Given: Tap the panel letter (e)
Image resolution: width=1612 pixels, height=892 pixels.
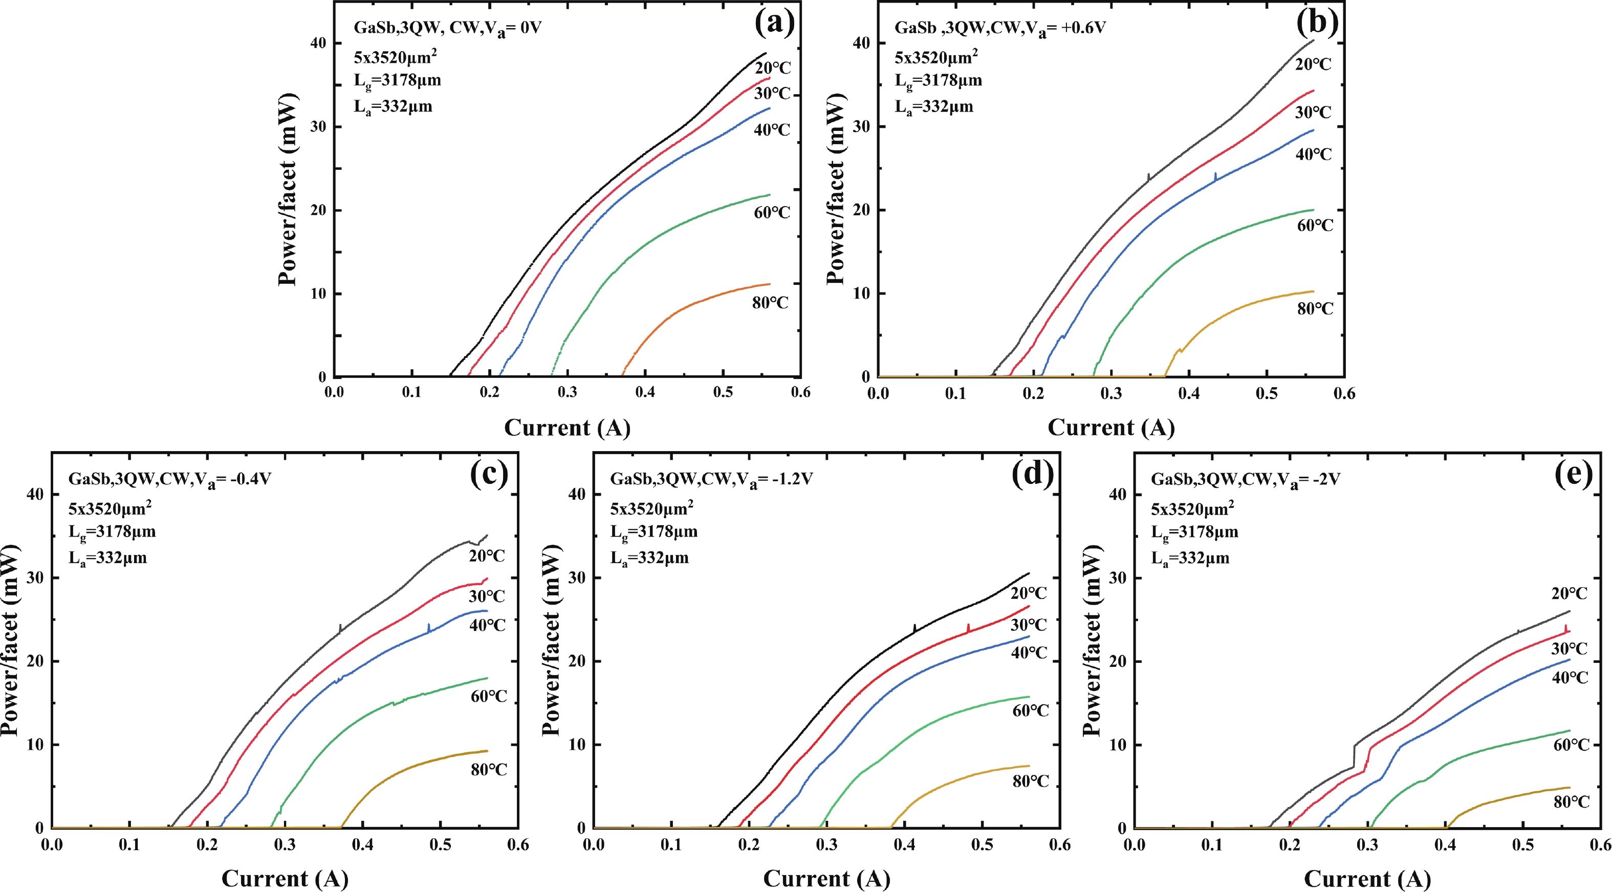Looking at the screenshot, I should click(1573, 475).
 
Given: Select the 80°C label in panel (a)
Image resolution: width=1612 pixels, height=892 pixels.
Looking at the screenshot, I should click(770, 303).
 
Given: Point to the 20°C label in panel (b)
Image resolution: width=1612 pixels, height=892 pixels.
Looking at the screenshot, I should click(1313, 64).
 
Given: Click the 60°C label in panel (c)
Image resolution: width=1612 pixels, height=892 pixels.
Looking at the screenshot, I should click(489, 696).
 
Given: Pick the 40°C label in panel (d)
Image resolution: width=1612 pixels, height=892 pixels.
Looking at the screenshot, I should click(1029, 653).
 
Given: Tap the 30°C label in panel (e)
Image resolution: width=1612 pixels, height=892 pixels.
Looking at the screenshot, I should click(1570, 649).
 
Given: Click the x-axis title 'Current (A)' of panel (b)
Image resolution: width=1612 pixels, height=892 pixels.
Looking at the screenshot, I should click(1111, 428).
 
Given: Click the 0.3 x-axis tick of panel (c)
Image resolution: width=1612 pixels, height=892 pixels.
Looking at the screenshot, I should click(285, 845).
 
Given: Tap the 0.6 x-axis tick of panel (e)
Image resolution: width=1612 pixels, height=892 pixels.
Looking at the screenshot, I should click(1600, 845).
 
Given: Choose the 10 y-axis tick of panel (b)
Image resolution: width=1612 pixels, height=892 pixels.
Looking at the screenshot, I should click(862, 294).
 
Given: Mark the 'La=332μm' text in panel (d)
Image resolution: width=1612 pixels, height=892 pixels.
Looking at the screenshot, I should click(649, 558).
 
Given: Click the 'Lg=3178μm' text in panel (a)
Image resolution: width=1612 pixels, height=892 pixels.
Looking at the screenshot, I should click(397, 81).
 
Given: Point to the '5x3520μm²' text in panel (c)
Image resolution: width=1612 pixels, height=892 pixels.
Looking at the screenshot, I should click(110, 507).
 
